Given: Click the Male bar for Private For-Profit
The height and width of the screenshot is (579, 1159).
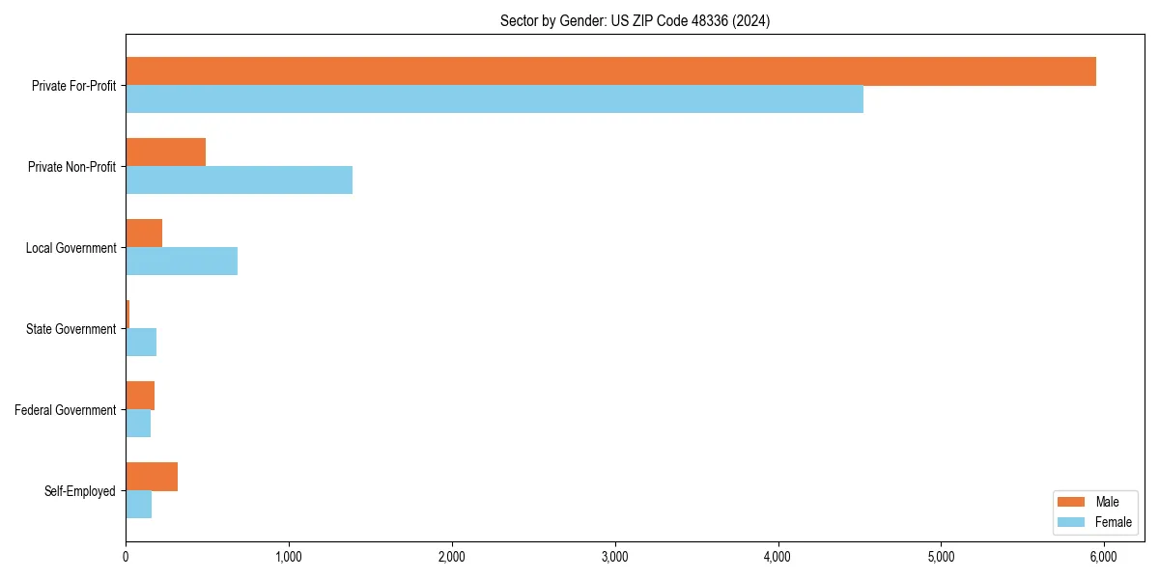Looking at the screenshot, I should click(x=610, y=71).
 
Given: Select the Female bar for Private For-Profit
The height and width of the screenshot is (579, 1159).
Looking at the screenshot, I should click(x=495, y=99).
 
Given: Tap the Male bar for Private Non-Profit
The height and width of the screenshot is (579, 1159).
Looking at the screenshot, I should click(x=165, y=152).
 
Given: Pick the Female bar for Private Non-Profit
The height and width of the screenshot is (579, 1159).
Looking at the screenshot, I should click(x=239, y=180).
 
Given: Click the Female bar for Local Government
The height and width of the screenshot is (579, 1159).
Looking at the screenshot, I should click(x=182, y=262).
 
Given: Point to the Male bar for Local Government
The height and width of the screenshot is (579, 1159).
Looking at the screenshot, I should click(x=144, y=234).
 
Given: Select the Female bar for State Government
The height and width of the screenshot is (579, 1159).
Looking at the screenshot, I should click(x=141, y=343).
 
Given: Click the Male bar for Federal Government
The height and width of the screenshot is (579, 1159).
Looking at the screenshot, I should click(x=140, y=396).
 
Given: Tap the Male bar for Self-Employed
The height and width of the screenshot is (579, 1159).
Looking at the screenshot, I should click(x=152, y=477).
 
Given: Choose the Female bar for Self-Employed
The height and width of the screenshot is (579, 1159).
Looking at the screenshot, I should click(x=138, y=505).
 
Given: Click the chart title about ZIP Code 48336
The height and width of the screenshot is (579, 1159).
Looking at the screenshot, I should click(x=635, y=20).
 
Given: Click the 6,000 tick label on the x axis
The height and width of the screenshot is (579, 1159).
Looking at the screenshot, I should click(x=1103, y=557).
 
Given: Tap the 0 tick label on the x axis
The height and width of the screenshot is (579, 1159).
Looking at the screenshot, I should click(x=126, y=557).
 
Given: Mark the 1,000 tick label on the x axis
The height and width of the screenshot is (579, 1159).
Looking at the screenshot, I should click(x=289, y=557).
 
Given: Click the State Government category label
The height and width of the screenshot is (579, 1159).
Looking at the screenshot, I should click(x=71, y=329).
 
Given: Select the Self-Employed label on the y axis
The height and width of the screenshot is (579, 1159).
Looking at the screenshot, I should click(x=79, y=491).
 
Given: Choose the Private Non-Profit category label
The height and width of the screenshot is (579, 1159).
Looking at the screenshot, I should click(x=71, y=167).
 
